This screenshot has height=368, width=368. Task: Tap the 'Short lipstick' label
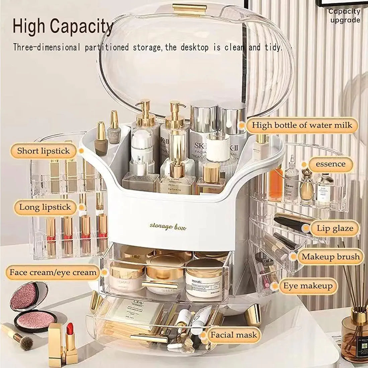click(43, 151)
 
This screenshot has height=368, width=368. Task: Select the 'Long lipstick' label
click(45, 207)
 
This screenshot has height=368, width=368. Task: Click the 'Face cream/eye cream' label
click(53, 272)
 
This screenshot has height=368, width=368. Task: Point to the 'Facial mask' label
click(234, 335)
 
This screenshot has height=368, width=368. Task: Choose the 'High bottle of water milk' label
click(302, 125)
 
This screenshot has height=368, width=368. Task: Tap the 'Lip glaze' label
click(335, 229)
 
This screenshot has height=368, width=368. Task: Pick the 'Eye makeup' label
click(308, 286)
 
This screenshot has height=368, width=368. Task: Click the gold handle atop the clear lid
click(189, 9)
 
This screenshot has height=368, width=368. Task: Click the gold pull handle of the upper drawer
click(160, 285)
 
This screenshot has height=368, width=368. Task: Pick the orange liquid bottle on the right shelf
click(276, 182)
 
